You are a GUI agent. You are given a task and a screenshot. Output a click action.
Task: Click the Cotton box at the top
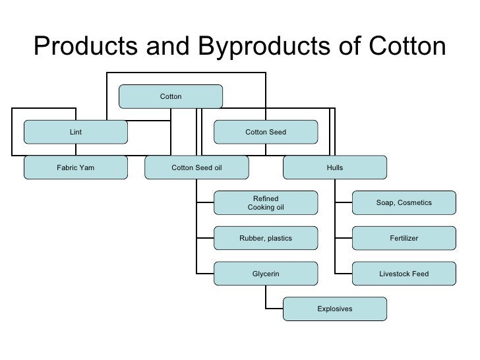(x=171, y=97)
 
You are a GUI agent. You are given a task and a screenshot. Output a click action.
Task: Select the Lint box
(x=76, y=132)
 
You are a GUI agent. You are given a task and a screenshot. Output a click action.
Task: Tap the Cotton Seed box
(x=266, y=132)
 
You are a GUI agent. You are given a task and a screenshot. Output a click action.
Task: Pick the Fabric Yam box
(x=76, y=167)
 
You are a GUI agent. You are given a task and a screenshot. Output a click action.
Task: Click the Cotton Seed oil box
(x=196, y=167)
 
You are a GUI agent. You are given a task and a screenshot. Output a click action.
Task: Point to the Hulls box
(x=335, y=167)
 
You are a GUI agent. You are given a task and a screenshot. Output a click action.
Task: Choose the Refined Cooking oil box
(x=266, y=203)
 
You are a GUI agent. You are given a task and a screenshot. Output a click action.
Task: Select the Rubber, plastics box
(x=266, y=238)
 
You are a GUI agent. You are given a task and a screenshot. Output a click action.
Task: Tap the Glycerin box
(x=266, y=274)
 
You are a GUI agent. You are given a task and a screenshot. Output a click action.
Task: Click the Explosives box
(x=335, y=309)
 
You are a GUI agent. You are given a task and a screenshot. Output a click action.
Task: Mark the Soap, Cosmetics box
(x=404, y=203)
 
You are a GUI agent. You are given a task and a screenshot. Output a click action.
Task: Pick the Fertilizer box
(x=404, y=238)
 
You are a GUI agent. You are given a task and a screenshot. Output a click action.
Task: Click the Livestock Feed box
(x=404, y=274)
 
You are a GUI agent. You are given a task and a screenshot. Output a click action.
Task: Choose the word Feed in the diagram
(x=419, y=274)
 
